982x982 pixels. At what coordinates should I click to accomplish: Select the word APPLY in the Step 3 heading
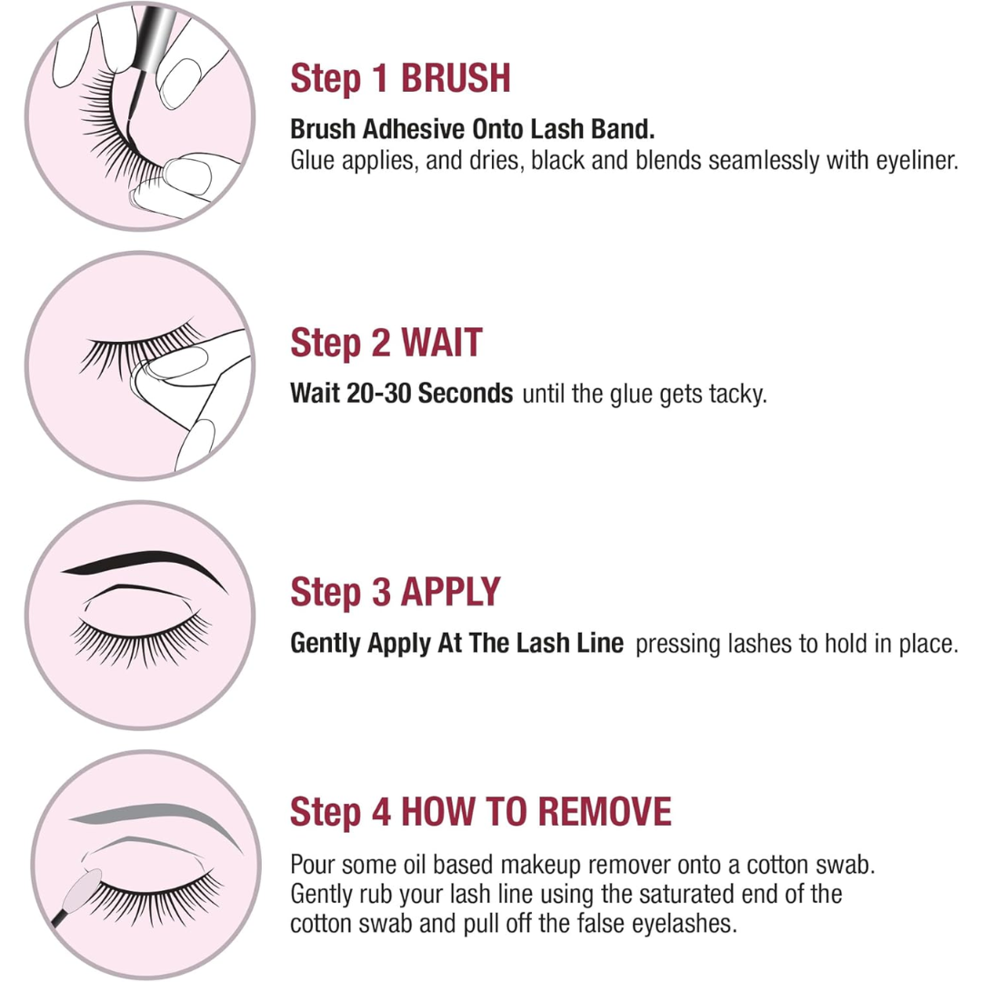click(x=450, y=592)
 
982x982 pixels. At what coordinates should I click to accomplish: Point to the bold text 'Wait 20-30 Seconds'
click(x=402, y=395)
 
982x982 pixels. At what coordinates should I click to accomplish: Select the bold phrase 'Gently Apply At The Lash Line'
click(x=456, y=644)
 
